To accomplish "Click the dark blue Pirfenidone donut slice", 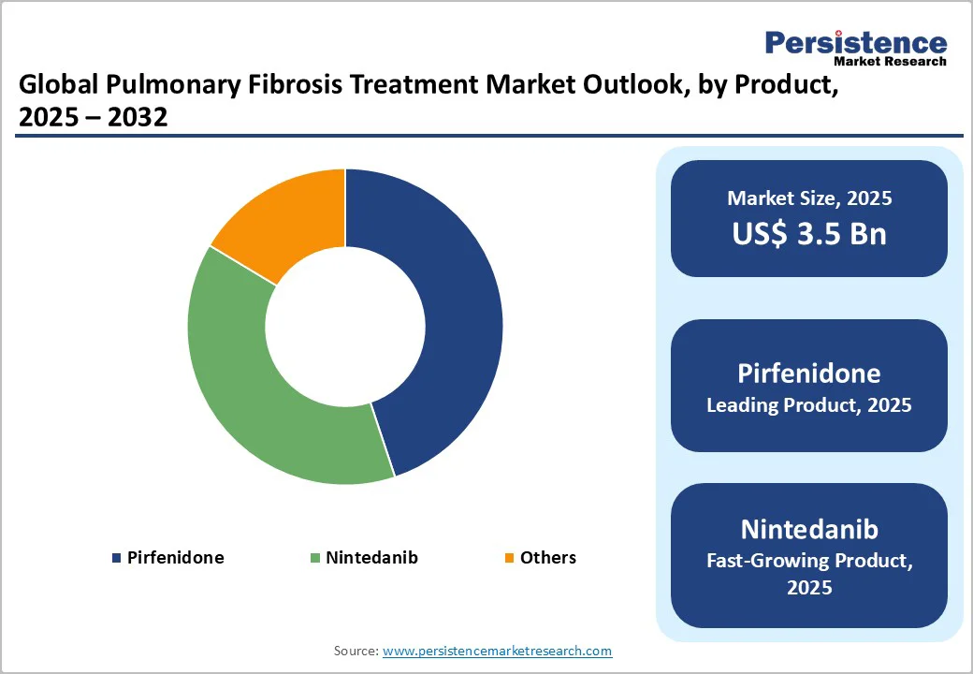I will [x=440, y=318].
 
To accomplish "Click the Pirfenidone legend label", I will [x=176, y=558].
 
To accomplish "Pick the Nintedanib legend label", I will [x=371, y=558].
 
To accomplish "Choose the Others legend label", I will [x=548, y=558].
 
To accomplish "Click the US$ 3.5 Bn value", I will [x=809, y=233].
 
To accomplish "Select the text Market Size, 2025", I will [x=809, y=198].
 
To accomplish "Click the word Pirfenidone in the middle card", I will [x=809, y=374].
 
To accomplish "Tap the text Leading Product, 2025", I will [x=809, y=405].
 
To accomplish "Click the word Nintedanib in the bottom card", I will [x=809, y=529].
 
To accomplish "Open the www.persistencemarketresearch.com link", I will [x=498, y=651].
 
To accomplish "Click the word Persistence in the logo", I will [x=856, y=42].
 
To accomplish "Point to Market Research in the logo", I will [x=889, y=62].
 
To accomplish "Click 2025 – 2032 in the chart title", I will [x=93, y=117].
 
